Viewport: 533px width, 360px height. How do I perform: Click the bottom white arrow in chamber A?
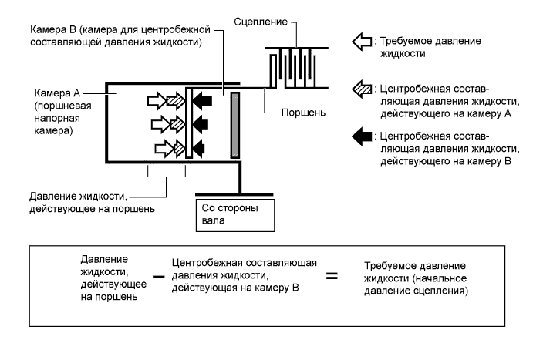coord(164,146)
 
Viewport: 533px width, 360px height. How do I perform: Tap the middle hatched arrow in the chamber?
coord(178,123)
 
